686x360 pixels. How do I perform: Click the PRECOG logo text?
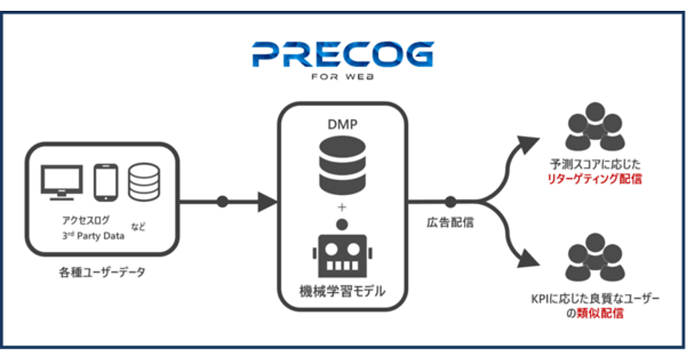(x=342, y=54)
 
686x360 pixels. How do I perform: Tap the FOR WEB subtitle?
(x=344, y=77)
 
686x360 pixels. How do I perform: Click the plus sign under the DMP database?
(x=342, y=205)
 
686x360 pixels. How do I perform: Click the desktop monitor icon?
(x=62, y=182)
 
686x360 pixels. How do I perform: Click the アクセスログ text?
(x=86, y=220)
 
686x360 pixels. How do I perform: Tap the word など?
(x=138, y=227)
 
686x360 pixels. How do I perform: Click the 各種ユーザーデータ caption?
(x=102, y=272)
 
